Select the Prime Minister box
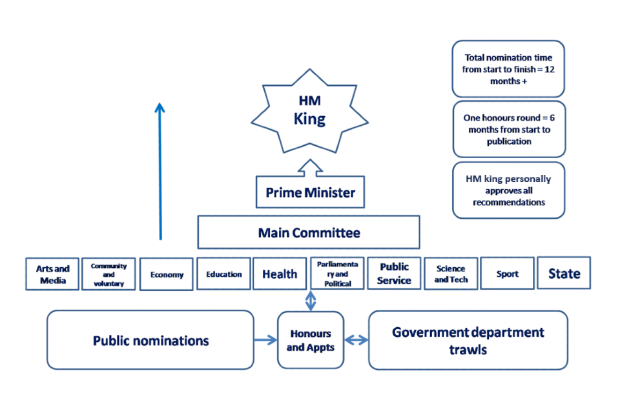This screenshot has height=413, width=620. pos(310,192)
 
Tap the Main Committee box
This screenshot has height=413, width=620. pos(309,232)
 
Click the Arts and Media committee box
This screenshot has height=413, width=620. pos(53,274)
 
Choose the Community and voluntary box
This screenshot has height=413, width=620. pos(108,274)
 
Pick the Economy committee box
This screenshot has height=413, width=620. pos(167,274)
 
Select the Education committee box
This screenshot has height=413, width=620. pos(223,274)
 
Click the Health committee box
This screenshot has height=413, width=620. pos(280,274)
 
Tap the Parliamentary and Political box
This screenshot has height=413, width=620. pos(338,274)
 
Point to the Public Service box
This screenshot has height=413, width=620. pos(394,274)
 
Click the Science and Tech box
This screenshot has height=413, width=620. pos(451,274)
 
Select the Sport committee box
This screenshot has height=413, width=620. pos(507,274)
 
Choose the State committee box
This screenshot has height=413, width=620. pos(564,274)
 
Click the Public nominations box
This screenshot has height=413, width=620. pos(150,340)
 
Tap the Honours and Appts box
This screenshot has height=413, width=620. pos(310,340)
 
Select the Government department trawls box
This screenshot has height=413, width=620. pos(468,340)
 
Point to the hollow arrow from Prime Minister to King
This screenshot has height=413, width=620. pos(309,168)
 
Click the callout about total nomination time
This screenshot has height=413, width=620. pos(508,68)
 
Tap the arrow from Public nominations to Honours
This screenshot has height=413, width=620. pos(265,340)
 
